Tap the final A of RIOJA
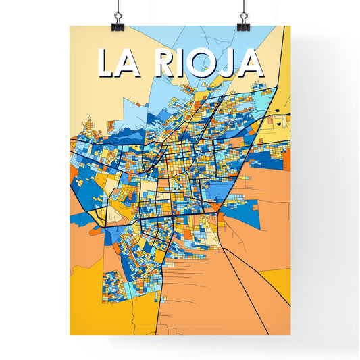[x=251, y=63]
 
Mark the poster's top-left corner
[x=70, y=26]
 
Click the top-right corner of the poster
[x=290, y=26]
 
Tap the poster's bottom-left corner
[x=70, y=335]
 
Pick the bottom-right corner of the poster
[x=290, y=335]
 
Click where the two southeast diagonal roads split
[x=224, y=249]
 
